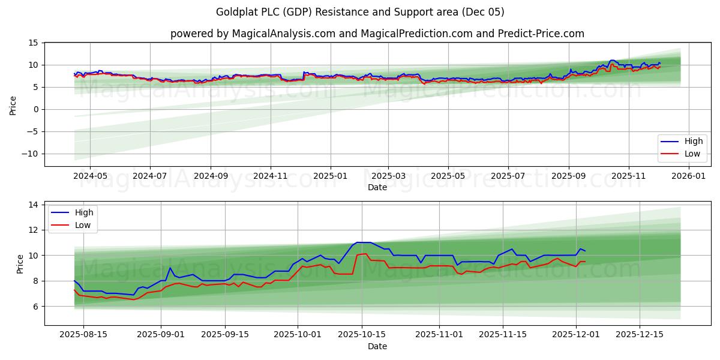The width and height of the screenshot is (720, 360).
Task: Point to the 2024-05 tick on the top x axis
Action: (x=90, y=176)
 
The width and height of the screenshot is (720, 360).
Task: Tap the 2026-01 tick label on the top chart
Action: (x=688, y=176)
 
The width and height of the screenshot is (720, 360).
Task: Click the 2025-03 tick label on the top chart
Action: (x=388, y=176)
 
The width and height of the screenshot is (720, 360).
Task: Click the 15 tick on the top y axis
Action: (x=33, y=43)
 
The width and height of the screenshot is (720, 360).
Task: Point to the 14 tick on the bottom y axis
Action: (x=33, y=205)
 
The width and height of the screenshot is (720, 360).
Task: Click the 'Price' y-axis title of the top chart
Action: (x=13, y=104)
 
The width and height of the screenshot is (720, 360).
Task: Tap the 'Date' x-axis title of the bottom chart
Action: (x=377, y=346)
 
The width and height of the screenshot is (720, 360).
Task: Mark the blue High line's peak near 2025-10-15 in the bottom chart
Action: (x=360, y=242)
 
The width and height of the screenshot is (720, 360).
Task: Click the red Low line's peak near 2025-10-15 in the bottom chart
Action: (x=365, y=253)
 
